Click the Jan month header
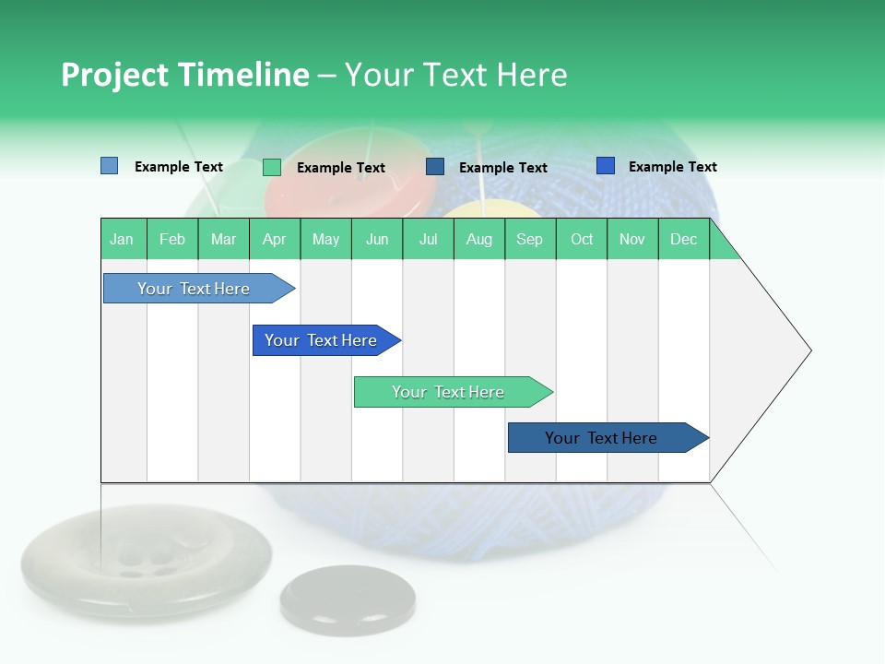click(x=123, y=240)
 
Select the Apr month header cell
click(x=275, y=240)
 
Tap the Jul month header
click(x=428, y=240)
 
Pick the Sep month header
click(x=530, y=240)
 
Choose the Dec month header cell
click(x=683, y=240)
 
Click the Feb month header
click(x=172, y=240)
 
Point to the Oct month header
click(x=582, y=240)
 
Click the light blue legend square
click(x=109, y=166)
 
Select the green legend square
click(x=271, y=167)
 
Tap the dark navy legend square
click(x=435, y=167)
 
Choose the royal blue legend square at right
click(x=605, y=166)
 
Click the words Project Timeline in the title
click(x=184, y=75)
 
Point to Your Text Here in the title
click(x=455, y=75)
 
